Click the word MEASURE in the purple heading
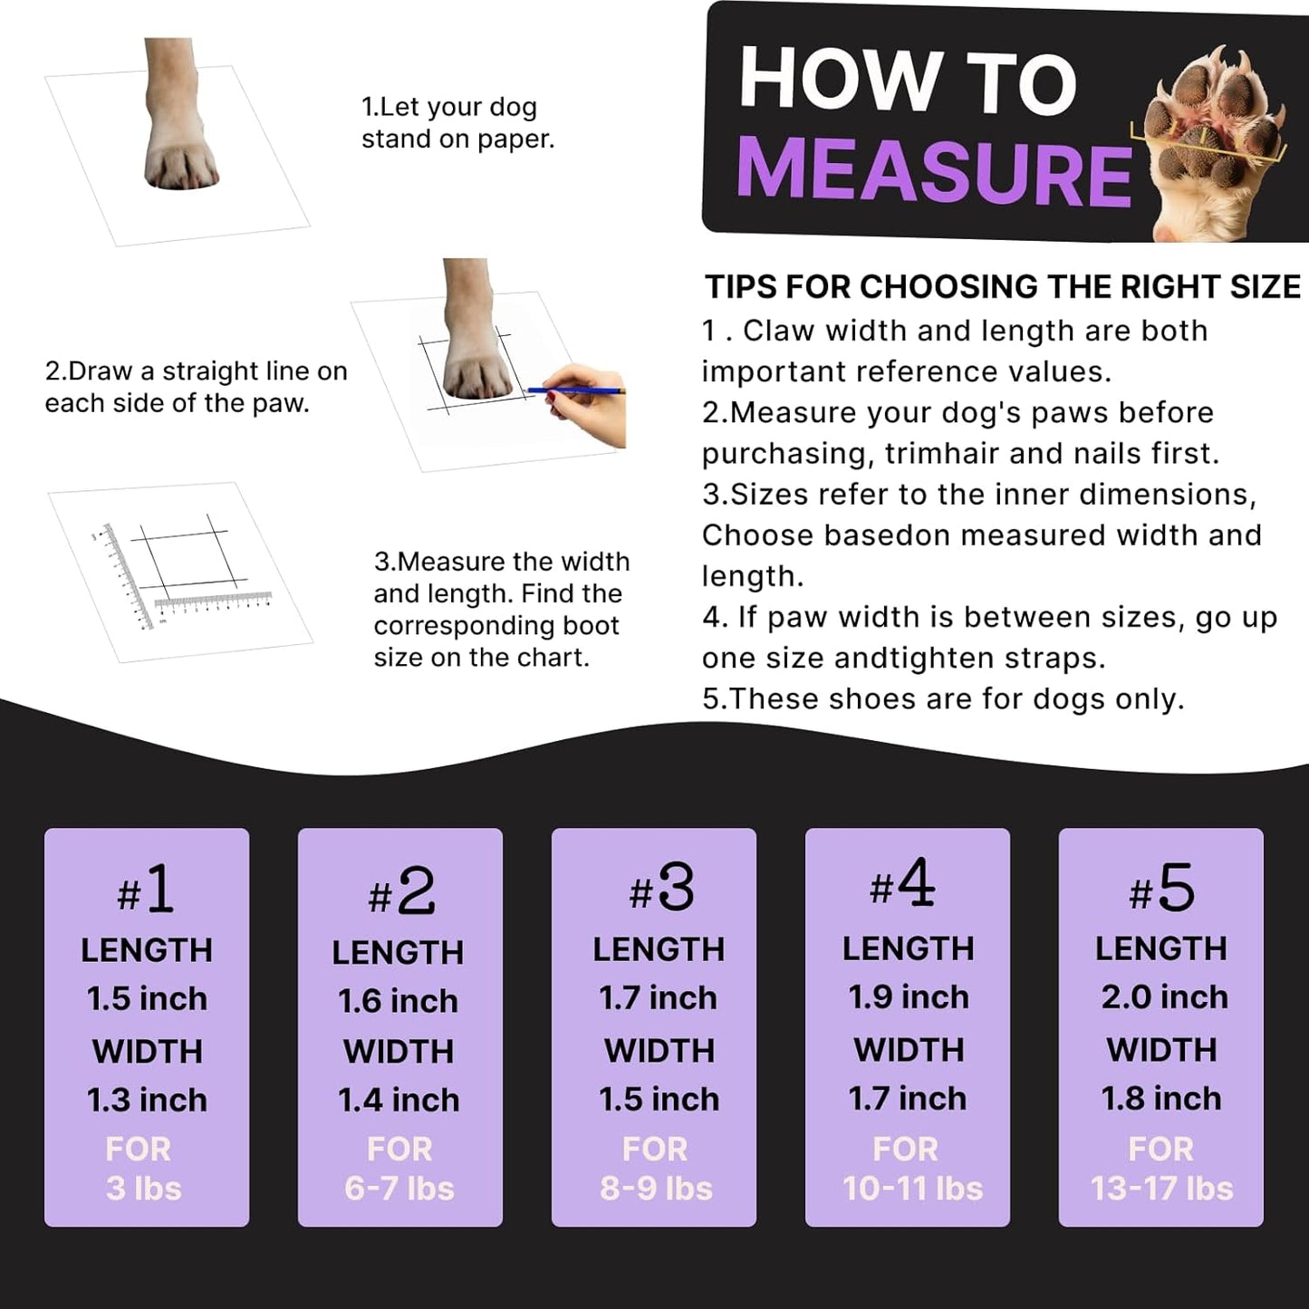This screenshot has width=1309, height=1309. click(x=933, y=172)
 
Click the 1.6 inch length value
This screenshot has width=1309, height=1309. click(x=399, y=1001)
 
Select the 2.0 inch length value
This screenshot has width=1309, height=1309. click(x=1164, y=996)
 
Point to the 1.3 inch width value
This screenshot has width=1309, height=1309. click(x=147, y=1100)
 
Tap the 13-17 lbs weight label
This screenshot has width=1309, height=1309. click(x=1161, y=1189)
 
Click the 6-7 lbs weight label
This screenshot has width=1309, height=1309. click(x=399, y=1189)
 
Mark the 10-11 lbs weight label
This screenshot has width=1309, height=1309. click(x=912, y=1189)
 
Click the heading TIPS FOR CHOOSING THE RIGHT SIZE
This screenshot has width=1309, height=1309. click(x=1003, y=287)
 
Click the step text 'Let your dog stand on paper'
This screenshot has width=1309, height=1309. click(x=457, y=123)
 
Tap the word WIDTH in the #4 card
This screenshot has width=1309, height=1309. click(x=909, y=1049)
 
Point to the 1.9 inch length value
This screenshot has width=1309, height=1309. click(x=909, y=996)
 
